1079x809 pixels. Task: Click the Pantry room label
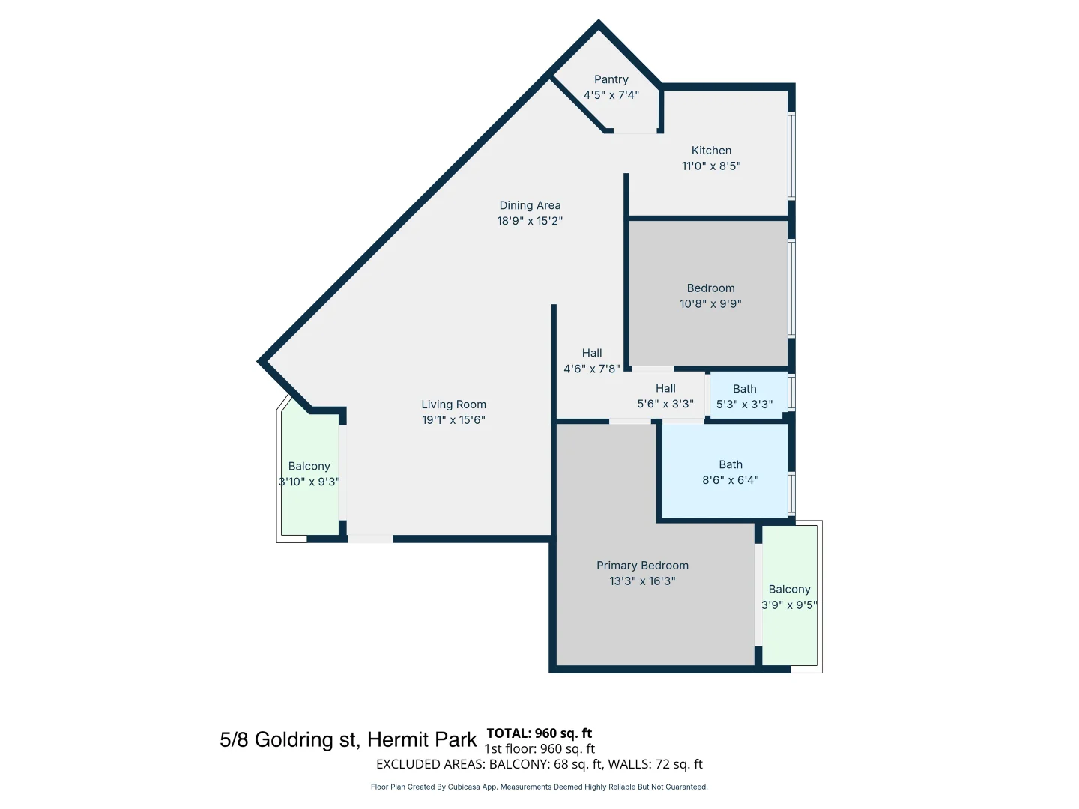tap(611, 79)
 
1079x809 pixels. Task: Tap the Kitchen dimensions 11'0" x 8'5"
tap(711, 166)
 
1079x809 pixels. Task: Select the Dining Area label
tap(530, 205)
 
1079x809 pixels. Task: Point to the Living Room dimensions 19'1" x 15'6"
tap(453, 420)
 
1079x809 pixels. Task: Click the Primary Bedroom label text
tap(642, 566)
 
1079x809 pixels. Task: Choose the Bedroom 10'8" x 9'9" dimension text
tap(710, 303)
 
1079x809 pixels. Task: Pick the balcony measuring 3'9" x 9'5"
tap(789, 597)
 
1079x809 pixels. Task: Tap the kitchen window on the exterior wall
tap(791, 156)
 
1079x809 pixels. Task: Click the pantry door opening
tap(635, 131)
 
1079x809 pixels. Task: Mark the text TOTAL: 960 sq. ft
tap(539, 733)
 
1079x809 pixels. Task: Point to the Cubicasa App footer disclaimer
tap(539, 787)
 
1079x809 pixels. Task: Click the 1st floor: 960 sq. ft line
tap(539, 748)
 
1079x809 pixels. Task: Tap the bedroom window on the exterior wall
tap(791, 288)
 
